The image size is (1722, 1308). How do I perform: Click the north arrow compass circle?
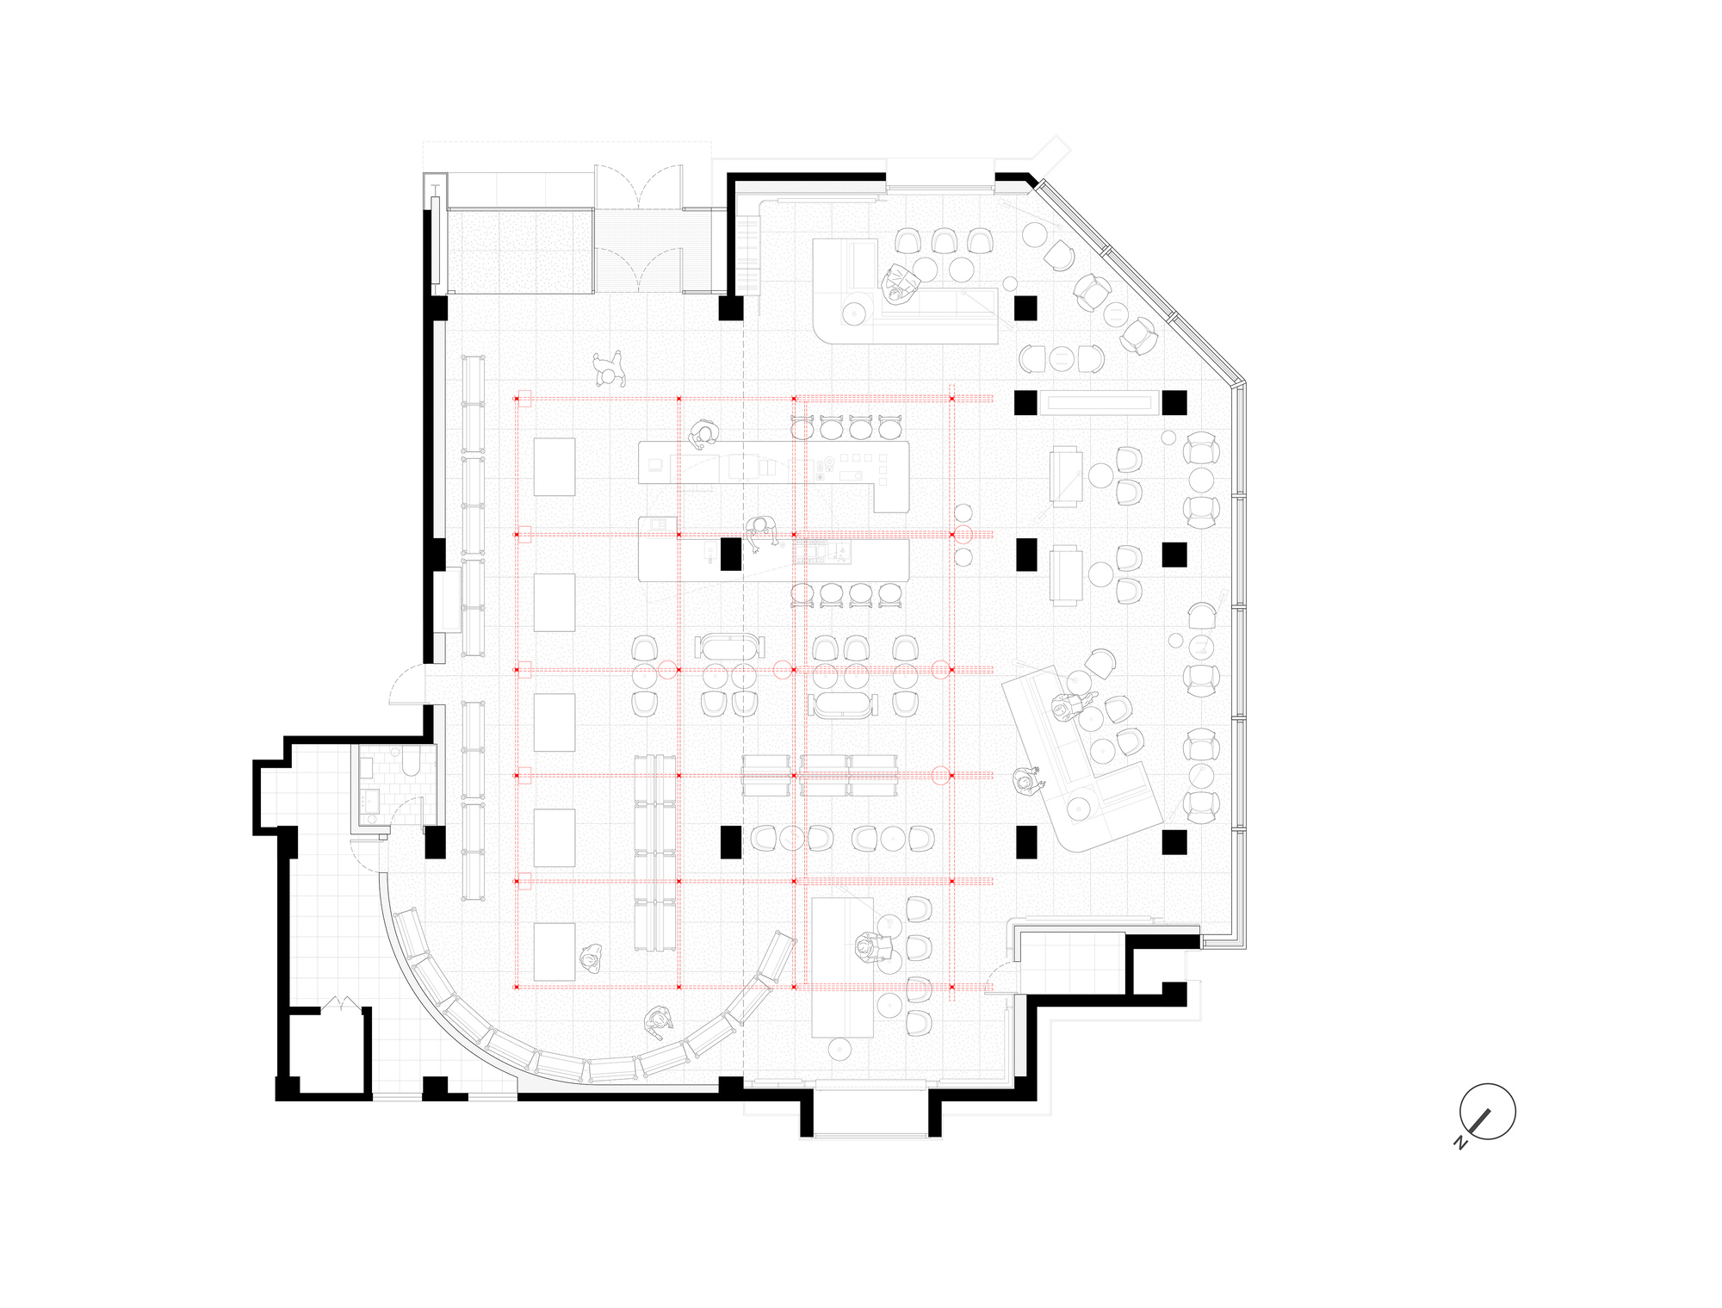click(1487, 1112)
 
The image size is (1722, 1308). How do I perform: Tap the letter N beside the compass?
click(1460, 1143)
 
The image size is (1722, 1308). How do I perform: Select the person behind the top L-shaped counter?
click(898, 283)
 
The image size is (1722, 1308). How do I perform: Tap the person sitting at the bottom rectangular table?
click(869, 947)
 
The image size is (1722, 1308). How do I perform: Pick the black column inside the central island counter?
click(730, 554)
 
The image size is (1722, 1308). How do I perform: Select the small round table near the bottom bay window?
click(839, 1049)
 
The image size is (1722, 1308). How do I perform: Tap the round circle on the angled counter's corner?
click(1078, 808)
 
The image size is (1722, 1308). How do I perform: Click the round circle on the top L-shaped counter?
click(853, 313)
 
